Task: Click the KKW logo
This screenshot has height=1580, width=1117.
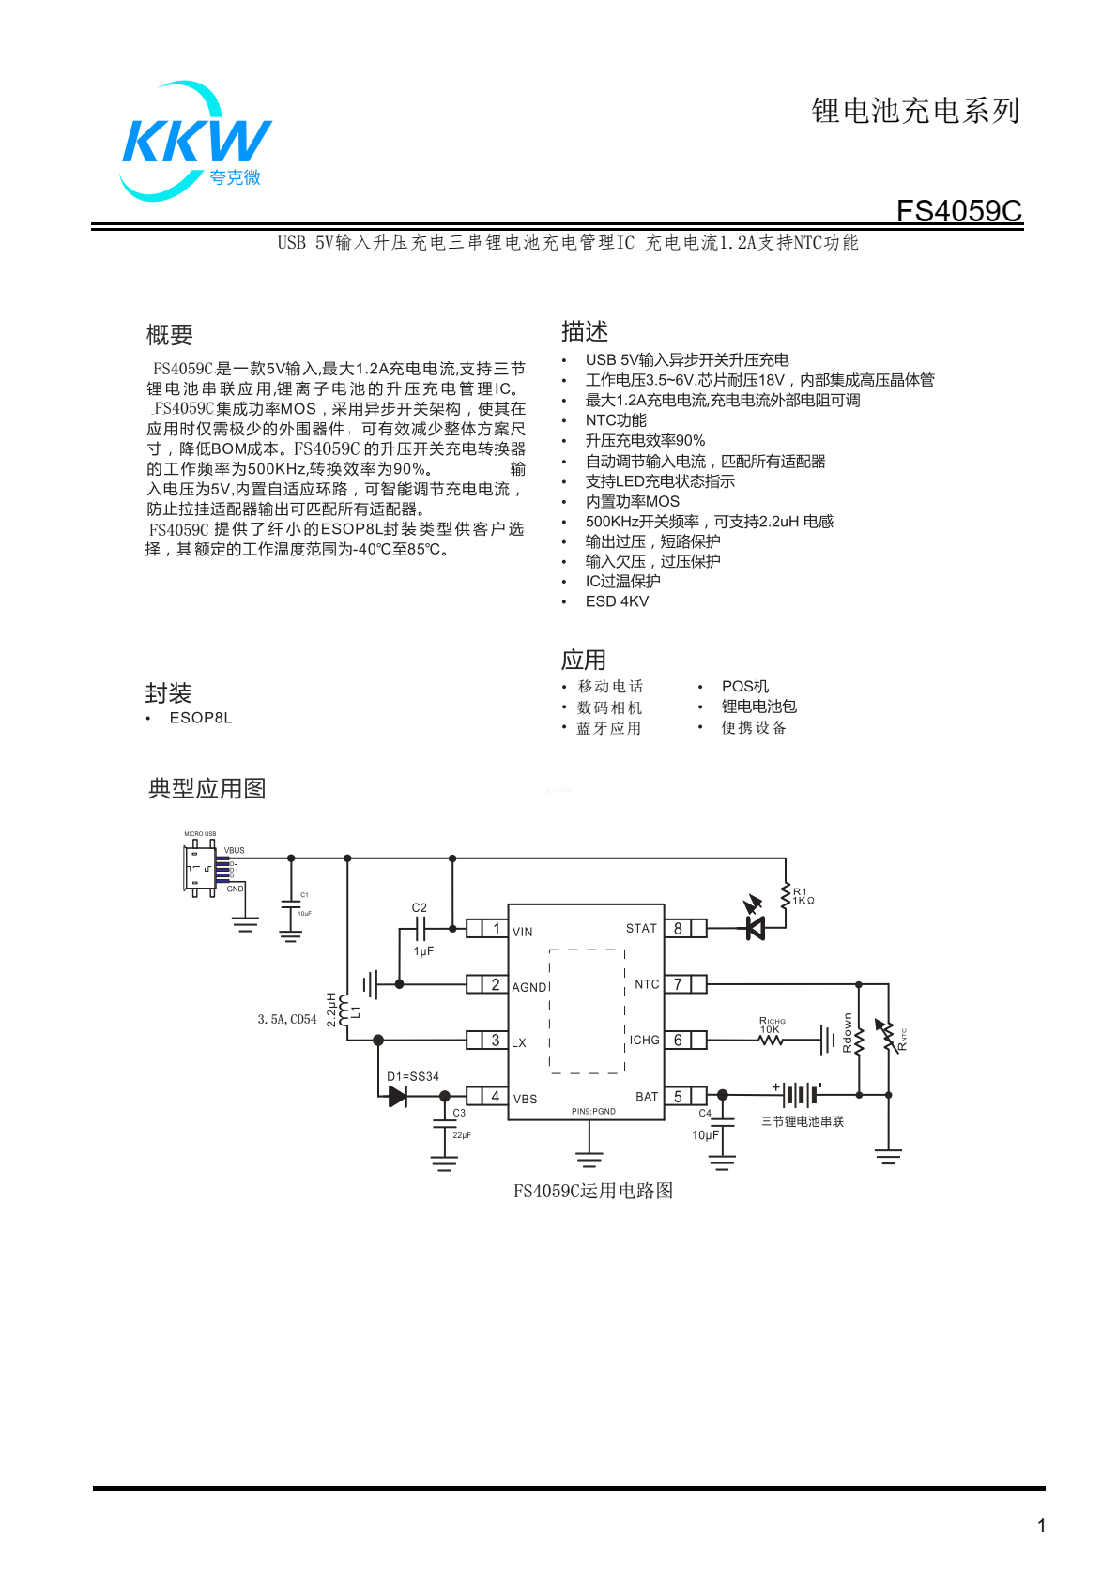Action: pos(196,142)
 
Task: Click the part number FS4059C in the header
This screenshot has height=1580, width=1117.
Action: pos(958,211)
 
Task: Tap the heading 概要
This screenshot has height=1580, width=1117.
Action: pos(169,335)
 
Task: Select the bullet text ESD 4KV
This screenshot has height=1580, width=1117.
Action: pos(617,601)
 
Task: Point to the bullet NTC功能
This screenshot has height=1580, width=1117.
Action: pos(616,420)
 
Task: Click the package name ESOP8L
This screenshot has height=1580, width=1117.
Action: pos(201,718)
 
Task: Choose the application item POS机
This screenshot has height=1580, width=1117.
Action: pos(745,687)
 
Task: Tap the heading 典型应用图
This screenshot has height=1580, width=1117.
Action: pos(207,788)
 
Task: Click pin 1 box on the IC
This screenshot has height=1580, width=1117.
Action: pos(496,929)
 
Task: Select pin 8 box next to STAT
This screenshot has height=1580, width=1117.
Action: pos(678,929)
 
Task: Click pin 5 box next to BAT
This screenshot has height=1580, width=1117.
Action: pos(678,1096)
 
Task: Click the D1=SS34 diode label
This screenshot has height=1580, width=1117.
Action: pos(413,1076)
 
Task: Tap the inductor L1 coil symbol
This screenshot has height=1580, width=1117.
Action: pos(345,1010)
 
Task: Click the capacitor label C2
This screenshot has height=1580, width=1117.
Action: pos(419,907)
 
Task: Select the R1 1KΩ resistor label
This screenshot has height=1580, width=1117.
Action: pos(803,896)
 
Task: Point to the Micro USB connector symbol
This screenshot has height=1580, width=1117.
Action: pos(199,868)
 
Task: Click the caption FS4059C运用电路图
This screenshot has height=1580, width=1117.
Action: pos(592,1191)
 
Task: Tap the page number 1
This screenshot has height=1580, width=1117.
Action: pos(1041,1526)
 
